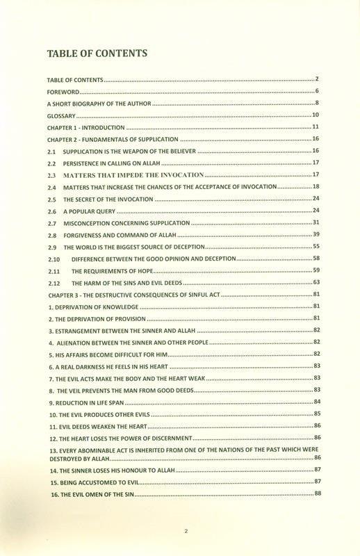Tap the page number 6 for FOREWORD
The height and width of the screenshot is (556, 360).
point(316,91)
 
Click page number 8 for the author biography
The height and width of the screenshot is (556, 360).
point(316,103)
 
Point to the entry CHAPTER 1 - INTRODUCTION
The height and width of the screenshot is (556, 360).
point(85,127)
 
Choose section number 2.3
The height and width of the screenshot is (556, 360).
point(51,174)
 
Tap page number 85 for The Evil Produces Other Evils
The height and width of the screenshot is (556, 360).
point(316,414)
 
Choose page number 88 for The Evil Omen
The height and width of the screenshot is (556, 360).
point(316,493)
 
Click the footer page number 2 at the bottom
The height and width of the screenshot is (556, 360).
point(186,531)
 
